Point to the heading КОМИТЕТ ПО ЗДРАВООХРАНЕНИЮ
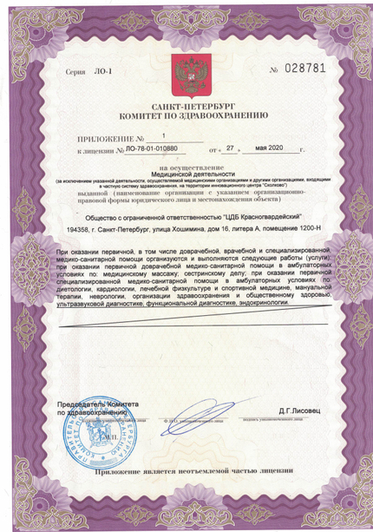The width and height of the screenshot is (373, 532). pos(186,114)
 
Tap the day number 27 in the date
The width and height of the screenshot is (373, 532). pos(231,148)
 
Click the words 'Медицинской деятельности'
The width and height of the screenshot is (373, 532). pos(186,173)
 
